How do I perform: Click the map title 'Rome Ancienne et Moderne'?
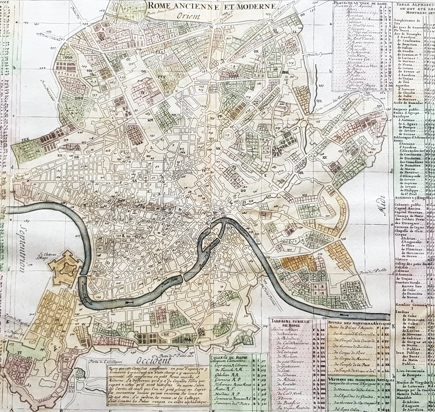coord(211,6)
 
